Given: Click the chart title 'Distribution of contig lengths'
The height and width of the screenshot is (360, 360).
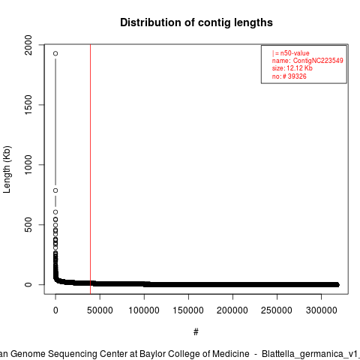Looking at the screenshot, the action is (x=196, y=22).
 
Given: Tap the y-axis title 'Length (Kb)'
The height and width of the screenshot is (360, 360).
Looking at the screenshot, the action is (x=7, y=169).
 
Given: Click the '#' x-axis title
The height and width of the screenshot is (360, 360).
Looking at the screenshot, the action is (x=196, y=332).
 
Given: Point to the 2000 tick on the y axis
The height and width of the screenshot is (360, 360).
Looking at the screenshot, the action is (x=28, y=45).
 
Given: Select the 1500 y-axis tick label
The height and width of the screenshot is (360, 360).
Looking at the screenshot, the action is (x=28, y=105).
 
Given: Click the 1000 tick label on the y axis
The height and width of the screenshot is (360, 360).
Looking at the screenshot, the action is (x=28, y=165).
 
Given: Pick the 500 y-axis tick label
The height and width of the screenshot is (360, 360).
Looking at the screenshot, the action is (x=28, y=224).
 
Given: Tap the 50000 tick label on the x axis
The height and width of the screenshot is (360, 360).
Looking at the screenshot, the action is (x=100, y=310).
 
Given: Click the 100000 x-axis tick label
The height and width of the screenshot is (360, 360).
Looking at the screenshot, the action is (x=144, y=310).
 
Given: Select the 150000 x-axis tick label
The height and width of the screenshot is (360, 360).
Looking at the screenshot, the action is (x=188, y=310).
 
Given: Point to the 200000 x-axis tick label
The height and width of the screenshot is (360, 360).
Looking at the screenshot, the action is (x=232, y=310).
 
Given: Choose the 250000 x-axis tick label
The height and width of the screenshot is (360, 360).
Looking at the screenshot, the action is (x=277, y=310).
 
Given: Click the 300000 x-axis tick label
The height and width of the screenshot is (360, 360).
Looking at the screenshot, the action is (x=321, y=310).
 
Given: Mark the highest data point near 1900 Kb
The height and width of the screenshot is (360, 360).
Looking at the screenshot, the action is (x=55, y=53).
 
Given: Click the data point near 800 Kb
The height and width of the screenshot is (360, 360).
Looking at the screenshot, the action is (x=55, y=190).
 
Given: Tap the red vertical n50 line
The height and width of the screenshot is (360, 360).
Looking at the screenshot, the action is (x=90, y=169).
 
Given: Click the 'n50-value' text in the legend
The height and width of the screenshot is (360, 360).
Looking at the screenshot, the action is (x=295, y=53).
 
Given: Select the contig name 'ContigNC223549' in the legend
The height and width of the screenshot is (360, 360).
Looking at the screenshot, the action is (x=318, y=61).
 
